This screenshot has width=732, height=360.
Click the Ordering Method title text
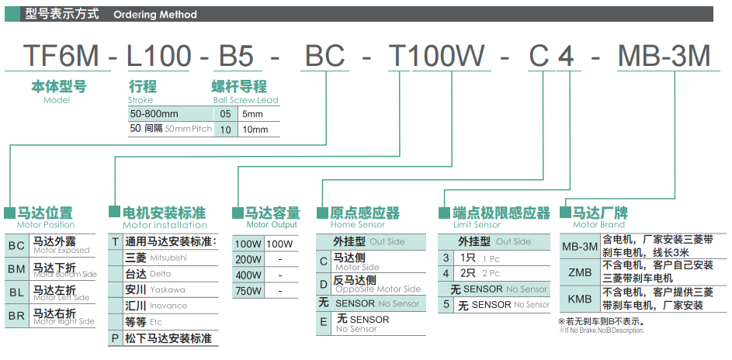[x=155, y=15]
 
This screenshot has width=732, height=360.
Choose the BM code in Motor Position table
[x=17, y=269]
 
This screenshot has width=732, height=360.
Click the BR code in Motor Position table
[x=17, y=316]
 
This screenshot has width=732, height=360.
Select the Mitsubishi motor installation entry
[x=156, y=258]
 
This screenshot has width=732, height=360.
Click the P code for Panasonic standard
[x=115, y=338]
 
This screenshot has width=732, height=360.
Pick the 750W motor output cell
[x=248, y=291]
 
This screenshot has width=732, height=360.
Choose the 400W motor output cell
[x=248, y=275]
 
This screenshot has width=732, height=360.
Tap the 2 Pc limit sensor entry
[x=480, y=273]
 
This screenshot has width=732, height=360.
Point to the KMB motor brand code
[x=581, y=299]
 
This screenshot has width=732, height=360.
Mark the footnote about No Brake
[x=602, y=326]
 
